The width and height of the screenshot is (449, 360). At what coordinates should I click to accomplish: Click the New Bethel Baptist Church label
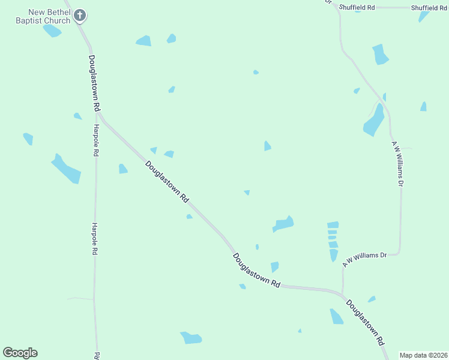(x=43, y=16)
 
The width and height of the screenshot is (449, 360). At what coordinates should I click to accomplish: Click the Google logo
(x=20, y=353)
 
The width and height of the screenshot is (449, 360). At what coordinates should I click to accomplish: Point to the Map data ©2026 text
(x=423, y=355)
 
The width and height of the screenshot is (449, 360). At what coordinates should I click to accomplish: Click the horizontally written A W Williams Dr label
(x=364, y=259)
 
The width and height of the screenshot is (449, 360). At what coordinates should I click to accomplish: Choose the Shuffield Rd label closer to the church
(x=357, y=7)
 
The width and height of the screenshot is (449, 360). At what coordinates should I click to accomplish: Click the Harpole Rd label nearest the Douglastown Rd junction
(x=95, y=140)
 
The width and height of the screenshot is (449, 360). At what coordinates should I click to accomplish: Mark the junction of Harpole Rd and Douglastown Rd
(x=100, y=117)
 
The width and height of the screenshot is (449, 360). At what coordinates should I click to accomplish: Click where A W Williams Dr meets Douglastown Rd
(x=343, y=295)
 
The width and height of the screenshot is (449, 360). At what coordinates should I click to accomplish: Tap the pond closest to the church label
(x=52, y=31)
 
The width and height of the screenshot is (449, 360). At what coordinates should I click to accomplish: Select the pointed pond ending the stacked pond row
(x=334, y=254)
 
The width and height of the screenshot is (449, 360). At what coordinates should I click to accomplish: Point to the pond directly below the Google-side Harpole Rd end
(x=191, y=338)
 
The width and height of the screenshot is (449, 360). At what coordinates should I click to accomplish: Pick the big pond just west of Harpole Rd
(x=65, y=169)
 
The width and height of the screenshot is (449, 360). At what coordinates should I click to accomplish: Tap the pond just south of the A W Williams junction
(x=336, y=316)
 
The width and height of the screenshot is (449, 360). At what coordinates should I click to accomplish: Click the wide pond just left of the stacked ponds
(x=283, y=224)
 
